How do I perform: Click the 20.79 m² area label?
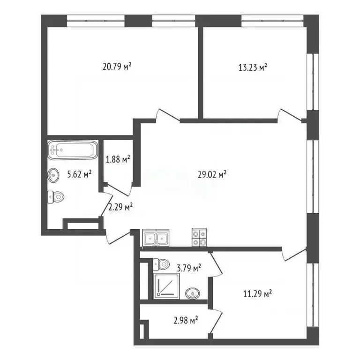click(x=117, y=67)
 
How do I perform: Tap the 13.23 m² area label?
click(x=253, y=67)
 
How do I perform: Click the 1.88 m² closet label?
click(x=118, y=160)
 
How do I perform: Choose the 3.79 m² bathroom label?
click(x=189, y=268)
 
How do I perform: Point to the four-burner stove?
click(x=199, y=238)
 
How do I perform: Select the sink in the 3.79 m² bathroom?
click(x=191, y=294)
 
